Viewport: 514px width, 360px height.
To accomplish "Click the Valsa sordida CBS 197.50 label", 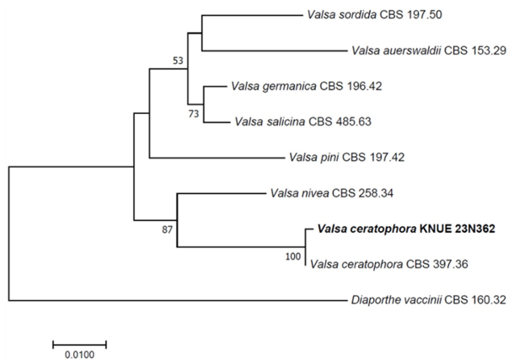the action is [374, 15].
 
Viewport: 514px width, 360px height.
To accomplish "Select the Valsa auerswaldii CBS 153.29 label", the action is [429, 51].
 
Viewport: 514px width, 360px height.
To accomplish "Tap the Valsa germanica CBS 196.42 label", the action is [307, 86].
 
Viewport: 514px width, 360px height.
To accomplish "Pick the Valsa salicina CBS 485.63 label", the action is [303, 122].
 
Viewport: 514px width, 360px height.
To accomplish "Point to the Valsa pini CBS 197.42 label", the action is [346, 158].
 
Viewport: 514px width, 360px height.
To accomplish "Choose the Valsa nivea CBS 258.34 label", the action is [332, 193].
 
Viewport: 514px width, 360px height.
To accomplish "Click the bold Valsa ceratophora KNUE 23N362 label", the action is [406, 228].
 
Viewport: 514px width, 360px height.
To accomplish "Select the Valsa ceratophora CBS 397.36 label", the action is [389, 264].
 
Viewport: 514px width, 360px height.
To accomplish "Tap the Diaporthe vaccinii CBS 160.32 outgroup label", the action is [429, 299].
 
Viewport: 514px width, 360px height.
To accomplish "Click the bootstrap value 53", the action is [178, 61].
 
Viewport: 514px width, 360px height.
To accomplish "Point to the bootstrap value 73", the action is [194, 114].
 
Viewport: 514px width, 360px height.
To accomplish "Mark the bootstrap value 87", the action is [167, 230].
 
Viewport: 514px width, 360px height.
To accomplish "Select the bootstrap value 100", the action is [293, 256].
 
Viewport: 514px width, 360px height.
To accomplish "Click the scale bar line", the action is [80, 344].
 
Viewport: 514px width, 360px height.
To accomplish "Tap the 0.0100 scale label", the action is [80, 355].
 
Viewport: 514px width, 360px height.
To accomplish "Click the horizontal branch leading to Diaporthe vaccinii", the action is [177, 300].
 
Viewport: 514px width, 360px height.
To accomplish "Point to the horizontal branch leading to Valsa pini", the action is [217, 158].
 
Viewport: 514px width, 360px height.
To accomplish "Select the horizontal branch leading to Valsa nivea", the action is [222, 193].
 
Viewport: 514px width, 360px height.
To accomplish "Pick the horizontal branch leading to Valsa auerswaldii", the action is [275, 51].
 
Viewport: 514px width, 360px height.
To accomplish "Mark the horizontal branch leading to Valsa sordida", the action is [252, 15].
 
